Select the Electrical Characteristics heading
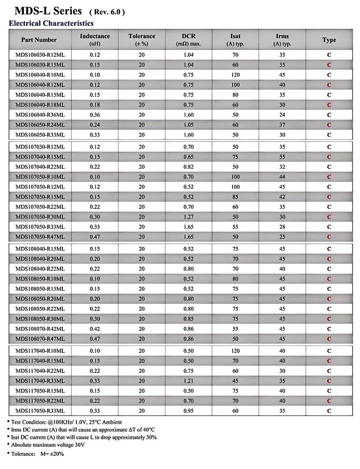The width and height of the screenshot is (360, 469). (x=51, y=23)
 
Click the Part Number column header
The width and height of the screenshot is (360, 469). (x=39, y=40)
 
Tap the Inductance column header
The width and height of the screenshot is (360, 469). (x=95, y=40)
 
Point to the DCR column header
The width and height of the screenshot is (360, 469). (x=189, y=40)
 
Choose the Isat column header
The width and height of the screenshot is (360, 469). (x=235, y=40)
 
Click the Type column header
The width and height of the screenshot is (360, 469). (x=329, y=40)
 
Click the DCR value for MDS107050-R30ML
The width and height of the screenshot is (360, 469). (x=189, y=217)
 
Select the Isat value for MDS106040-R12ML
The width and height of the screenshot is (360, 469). (x=235, y=85)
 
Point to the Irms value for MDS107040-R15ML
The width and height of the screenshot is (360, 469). (x=282, y=157)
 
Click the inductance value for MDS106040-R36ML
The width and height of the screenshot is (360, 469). (x=95, y=115)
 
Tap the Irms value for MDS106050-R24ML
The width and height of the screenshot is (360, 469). (x=282, y=125)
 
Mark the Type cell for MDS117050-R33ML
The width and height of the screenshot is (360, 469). (x=329, y=411)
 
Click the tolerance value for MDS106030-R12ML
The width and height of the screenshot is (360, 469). (x=142, y=55)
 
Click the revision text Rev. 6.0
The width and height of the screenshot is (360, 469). (x=107, y=12)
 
